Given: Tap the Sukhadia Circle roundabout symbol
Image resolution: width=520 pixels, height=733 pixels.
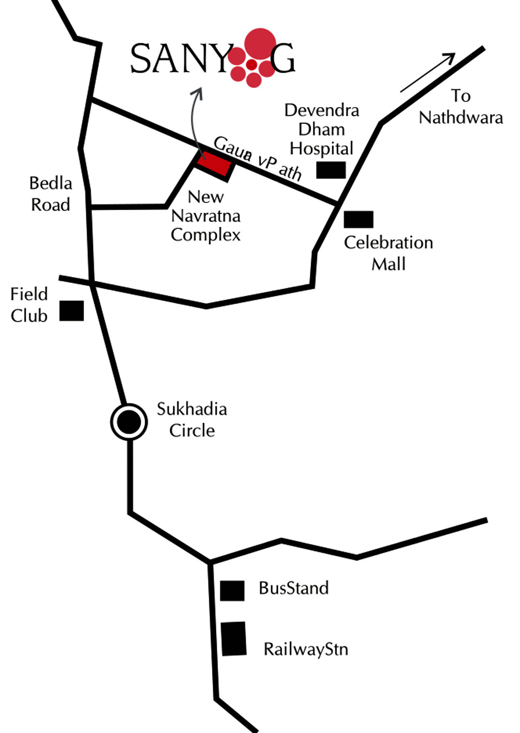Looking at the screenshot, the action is [129, 422].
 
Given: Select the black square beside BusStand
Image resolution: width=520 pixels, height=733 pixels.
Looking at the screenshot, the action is [232, 591].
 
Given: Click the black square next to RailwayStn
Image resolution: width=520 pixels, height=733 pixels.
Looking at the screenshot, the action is [233, 639].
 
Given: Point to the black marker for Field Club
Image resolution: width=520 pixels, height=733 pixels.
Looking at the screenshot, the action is [72, 311].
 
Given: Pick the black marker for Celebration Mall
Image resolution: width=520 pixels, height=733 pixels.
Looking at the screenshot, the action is [359, 219].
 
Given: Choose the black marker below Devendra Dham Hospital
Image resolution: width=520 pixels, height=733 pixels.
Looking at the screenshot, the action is [331, 170].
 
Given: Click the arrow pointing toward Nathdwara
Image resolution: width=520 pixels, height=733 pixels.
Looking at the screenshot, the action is [428, 72].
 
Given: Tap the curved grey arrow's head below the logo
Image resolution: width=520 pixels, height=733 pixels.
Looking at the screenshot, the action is [197, 93].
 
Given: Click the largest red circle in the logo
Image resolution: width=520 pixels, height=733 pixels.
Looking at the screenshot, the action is [260, 44].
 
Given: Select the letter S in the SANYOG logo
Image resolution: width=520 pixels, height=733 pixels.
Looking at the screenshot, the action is [140, 59].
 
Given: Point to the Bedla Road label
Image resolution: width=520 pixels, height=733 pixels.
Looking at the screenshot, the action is [51, 194].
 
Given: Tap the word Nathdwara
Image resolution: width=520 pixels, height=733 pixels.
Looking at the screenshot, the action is [461, 118].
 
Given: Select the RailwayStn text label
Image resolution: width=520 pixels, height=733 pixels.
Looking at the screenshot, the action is [306, 649].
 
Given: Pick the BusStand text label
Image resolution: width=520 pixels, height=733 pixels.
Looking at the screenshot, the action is [294, 588].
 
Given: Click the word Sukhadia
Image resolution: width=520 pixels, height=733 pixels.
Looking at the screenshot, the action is [192, 409].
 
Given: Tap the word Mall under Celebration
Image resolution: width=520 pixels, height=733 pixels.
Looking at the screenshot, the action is [389, 264].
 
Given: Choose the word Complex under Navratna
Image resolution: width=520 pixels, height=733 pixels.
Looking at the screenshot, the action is [206, 235].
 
